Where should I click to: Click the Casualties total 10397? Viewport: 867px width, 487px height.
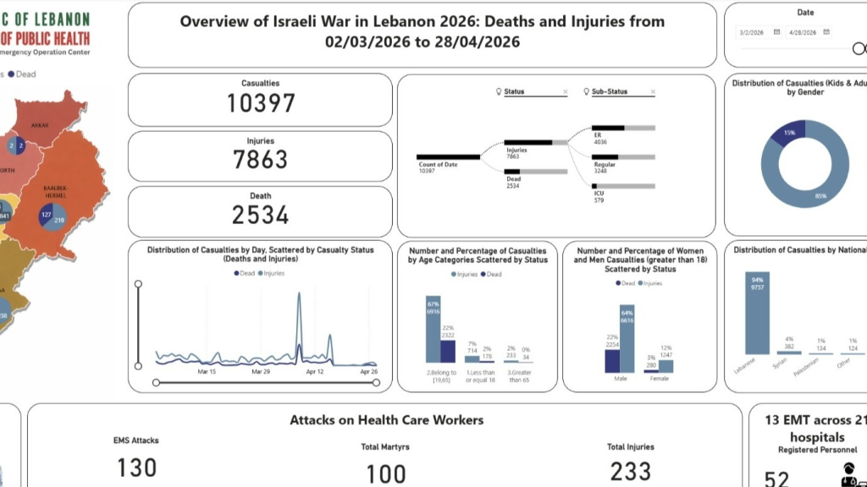260,103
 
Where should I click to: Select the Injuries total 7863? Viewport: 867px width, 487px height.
260,159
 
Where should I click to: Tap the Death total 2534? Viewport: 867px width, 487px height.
260,215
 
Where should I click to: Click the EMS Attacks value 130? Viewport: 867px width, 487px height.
135,468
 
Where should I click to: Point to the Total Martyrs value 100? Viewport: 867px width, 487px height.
385,473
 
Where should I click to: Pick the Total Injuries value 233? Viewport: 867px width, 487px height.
630,471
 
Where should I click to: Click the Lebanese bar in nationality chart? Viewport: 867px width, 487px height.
757,315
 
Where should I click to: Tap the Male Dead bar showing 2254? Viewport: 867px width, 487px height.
612,361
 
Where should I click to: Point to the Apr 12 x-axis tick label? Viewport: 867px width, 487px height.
315,371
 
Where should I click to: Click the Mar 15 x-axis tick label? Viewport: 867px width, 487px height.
207,371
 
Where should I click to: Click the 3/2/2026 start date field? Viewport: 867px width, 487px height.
751,32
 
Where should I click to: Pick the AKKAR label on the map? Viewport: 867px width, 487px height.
40,125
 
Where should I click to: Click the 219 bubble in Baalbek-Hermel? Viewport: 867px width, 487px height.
58,221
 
